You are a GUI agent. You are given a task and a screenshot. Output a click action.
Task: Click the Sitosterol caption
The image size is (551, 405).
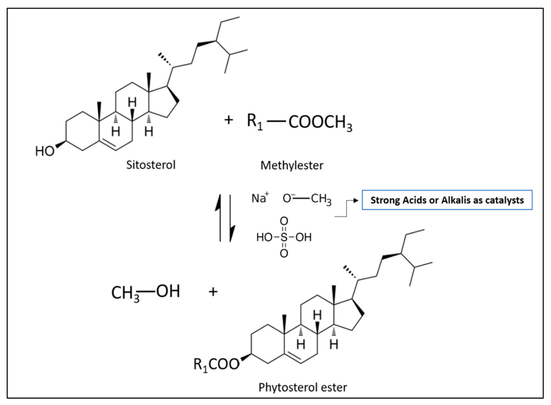tap(151, 165)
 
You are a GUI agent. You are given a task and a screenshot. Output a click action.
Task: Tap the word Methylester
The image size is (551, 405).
tap(292, 165)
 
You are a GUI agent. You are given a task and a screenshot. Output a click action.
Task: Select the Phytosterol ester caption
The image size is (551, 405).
tap(303, 387)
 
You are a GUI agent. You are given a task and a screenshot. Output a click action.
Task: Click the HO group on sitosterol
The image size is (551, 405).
tap(44, 151)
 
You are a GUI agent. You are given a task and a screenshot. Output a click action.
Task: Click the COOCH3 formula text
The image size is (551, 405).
tap(320, 122)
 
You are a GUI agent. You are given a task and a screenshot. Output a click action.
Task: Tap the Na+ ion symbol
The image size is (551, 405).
tap(260, 198)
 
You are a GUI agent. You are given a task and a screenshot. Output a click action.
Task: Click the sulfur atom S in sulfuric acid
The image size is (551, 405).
tap(284, 237)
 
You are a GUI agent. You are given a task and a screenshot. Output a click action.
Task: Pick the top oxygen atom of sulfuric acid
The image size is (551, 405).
tap(284, 221)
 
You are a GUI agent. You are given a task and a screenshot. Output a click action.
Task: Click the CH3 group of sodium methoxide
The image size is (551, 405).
tap(321, 199)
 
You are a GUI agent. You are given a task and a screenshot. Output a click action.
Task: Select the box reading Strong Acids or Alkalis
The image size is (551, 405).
tap(447, 200)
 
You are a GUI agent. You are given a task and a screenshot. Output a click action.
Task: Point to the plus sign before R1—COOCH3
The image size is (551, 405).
tap(229, 120)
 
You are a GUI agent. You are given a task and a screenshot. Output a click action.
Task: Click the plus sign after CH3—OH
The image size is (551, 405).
tap(213, 292)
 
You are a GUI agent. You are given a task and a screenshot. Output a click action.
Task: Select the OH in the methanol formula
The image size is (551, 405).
tap(168, 291)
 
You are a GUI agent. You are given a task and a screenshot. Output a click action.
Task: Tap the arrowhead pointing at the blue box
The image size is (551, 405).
tap(356, 201)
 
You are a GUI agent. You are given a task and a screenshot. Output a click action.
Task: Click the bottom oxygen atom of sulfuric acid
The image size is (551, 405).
tap(284, 253)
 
